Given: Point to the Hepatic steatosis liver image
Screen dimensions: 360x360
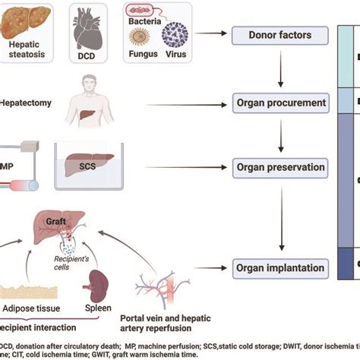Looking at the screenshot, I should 27,21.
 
